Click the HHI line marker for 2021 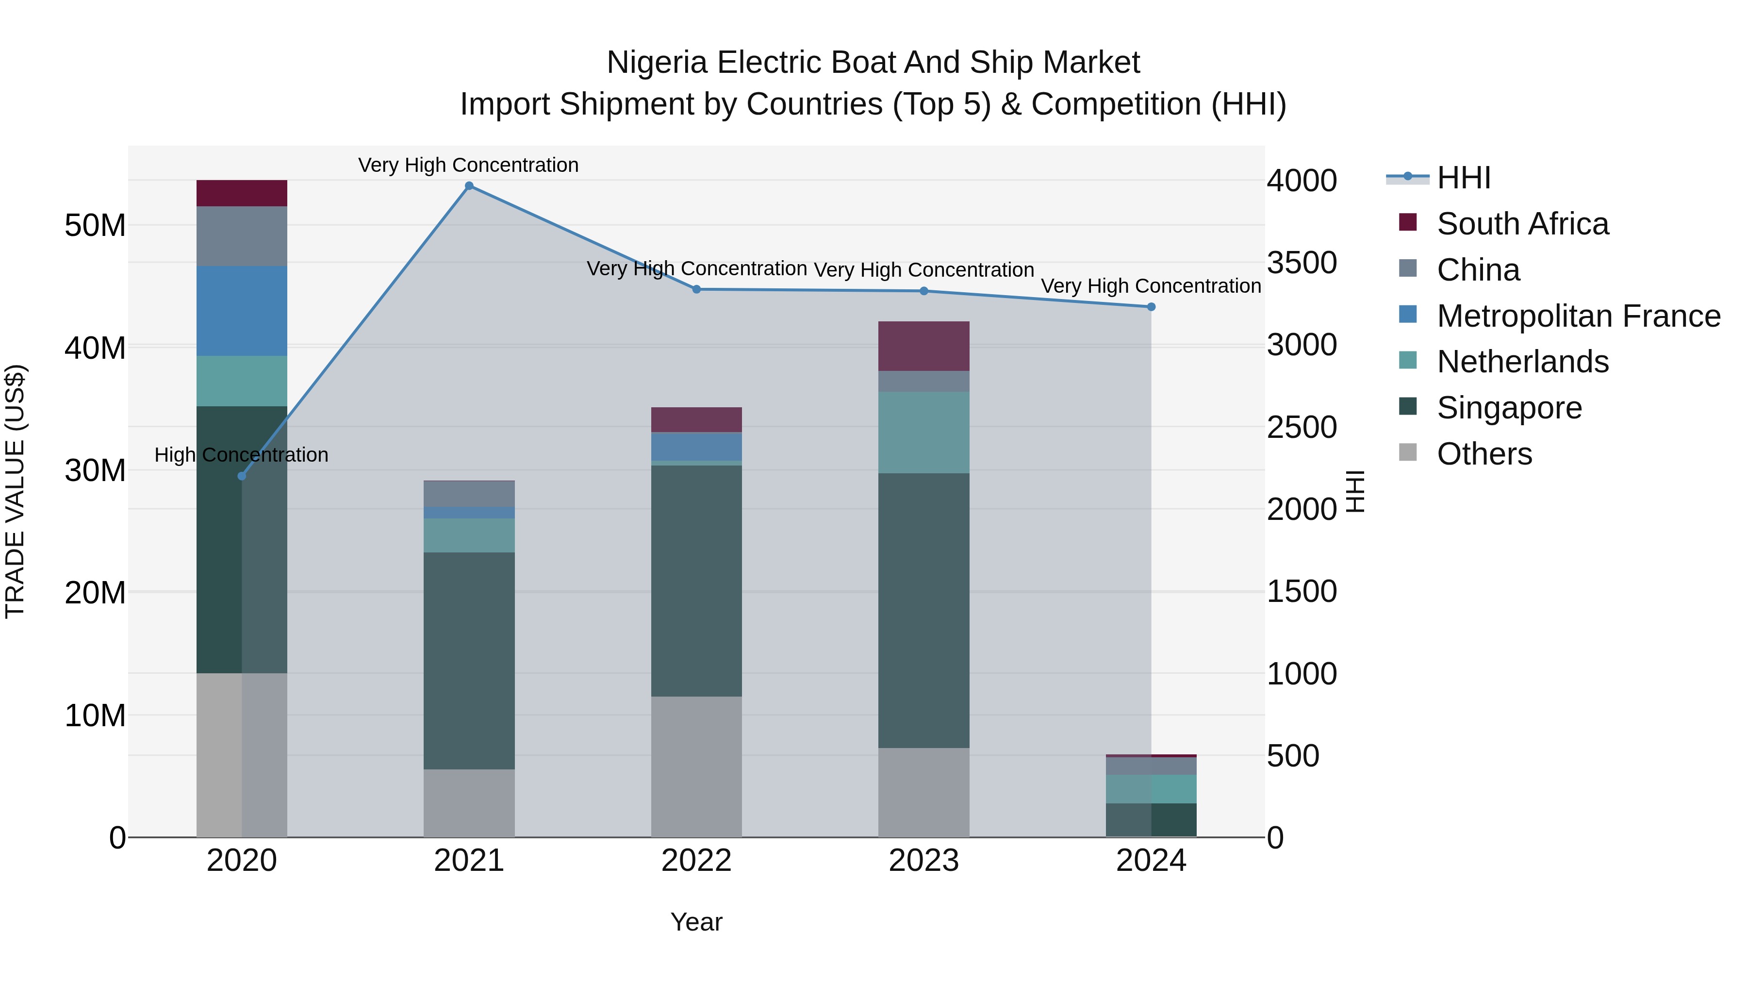[469, 186]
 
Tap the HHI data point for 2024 [1151, 307]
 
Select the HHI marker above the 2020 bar [242, 476]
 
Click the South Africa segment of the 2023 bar [923, 346]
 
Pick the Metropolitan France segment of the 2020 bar [242, 311]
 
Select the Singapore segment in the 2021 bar [469, 660]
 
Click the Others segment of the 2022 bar [696, 766]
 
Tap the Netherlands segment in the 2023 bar [923, 432]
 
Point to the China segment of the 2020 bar [242, 236]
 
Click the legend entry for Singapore [1509, 408]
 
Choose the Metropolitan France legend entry [1578, 316]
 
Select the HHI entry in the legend [1464, 178]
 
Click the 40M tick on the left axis [95, 348]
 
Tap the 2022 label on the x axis [696, 861]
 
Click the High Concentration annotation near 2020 [242, 454]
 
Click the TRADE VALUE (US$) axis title [15, 491]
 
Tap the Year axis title [696, 922]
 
